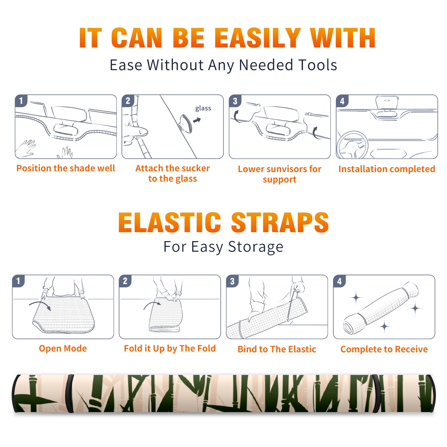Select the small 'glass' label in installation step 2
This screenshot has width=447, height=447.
pos(203,108)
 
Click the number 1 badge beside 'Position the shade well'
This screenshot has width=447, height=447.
pos(21,101)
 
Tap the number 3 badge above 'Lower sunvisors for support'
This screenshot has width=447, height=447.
pos(235,101)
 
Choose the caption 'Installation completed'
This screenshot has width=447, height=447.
pos(387,169)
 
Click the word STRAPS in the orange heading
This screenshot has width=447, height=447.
pos(280,222)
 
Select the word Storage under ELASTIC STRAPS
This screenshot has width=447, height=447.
pos(256,247)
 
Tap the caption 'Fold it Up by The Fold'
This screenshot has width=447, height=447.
pos(170,349)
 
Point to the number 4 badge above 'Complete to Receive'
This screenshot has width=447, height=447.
pos(339,281)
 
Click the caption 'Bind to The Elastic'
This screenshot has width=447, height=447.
pos(277,349)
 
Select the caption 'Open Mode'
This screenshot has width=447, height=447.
pos(63,349)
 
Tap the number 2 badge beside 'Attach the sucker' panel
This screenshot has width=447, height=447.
pos(128,101)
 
